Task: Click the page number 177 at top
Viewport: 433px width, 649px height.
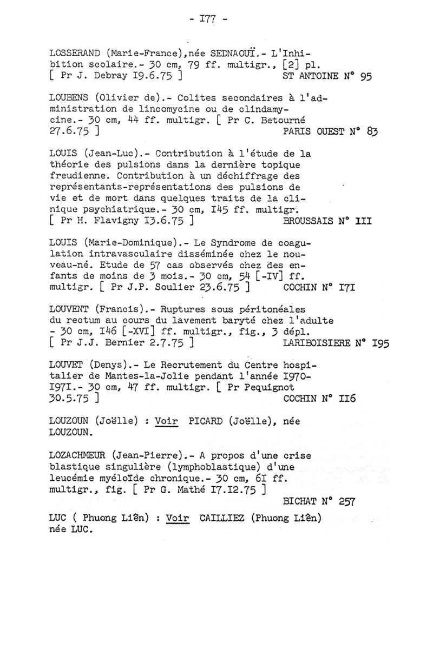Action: tap(215, 20)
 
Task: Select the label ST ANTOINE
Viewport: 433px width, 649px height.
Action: tap(313, 77)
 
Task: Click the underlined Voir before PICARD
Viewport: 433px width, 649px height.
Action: tap(166, 422)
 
